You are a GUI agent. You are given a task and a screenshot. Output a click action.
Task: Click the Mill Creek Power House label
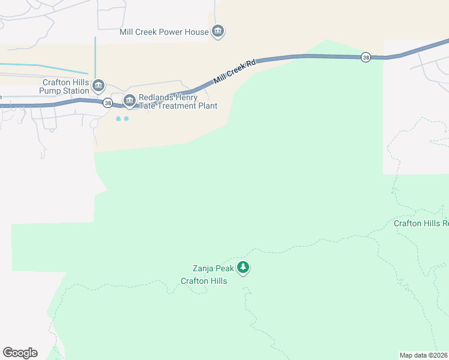pyautogui.click(x=164, y=32)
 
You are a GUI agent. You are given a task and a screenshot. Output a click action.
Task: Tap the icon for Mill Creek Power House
pyautogui.click(x=218, y=32)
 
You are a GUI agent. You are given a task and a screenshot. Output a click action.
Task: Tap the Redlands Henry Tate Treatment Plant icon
pyautogui.click(x=129, y=101)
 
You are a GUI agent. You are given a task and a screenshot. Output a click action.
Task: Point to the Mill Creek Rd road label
pyautogui.click(x=235, y=71)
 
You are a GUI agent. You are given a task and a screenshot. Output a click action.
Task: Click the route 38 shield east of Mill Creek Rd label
pyautogui.click(x=366, y=58)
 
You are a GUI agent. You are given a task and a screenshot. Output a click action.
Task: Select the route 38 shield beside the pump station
pyautogui.click(x=106, y=103)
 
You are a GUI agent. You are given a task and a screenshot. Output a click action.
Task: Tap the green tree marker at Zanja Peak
pyautogui.click(x=243, y=268)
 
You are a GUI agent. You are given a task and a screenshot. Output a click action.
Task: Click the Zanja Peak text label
pyautogui.click(x=213, y=269)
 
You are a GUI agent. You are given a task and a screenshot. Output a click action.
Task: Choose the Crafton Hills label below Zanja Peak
pyautogui.click(x=204, y=281)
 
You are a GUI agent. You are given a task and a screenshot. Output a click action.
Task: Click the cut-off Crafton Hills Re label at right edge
pyautogui.click(x=421, y=224)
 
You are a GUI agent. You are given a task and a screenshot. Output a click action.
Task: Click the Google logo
pyautogui.click(x=20, y=353)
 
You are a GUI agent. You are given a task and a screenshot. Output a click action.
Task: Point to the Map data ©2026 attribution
pyautogui.click(x=424, y=355)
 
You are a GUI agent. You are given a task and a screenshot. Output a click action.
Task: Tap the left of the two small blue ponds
pyautogui.click(x=118, y=119)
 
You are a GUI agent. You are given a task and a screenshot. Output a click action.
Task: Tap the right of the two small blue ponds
pyautogui.click(x=126, y=119)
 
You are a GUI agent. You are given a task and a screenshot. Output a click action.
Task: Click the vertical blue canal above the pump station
pyautogui.click(x=95, y=57)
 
